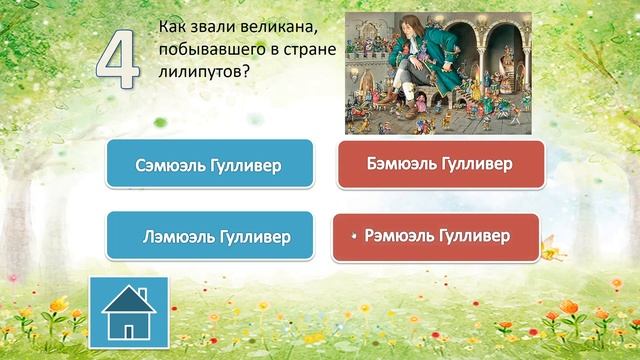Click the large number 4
click(118, 59)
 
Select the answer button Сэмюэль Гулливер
click(209, 164)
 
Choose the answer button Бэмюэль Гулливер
click(441, 163)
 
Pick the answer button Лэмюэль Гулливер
click(209, 237)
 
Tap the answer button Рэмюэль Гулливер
click(435, 236)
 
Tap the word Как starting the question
click(174, 23)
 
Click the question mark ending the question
click(245, 71)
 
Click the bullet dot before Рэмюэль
click(355, 237)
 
